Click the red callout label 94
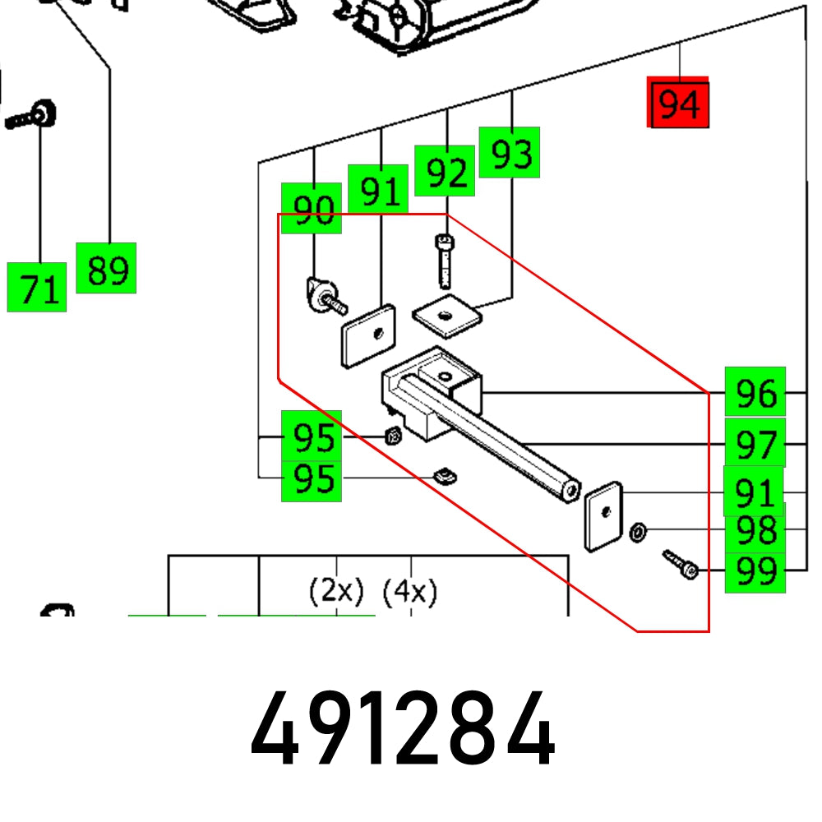coord(678,104)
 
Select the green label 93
coord(510,152)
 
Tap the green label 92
coord(445,171)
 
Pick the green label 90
coord(312,209)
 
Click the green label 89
coord(106,268)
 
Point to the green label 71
coord(37,288)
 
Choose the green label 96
coord(755,392)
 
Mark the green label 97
coord(755,443)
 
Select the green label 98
coord(755,530)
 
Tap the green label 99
coord(755,569)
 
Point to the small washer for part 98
coord(636,533)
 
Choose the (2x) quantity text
coord(335,590)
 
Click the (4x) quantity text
coord(410,590)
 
